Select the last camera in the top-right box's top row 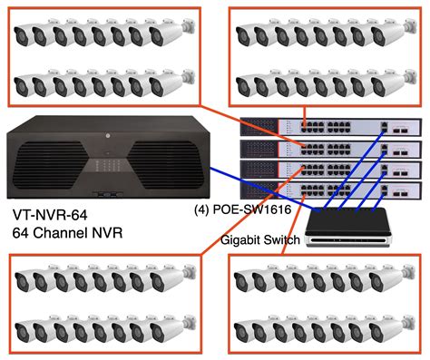point(398,35)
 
